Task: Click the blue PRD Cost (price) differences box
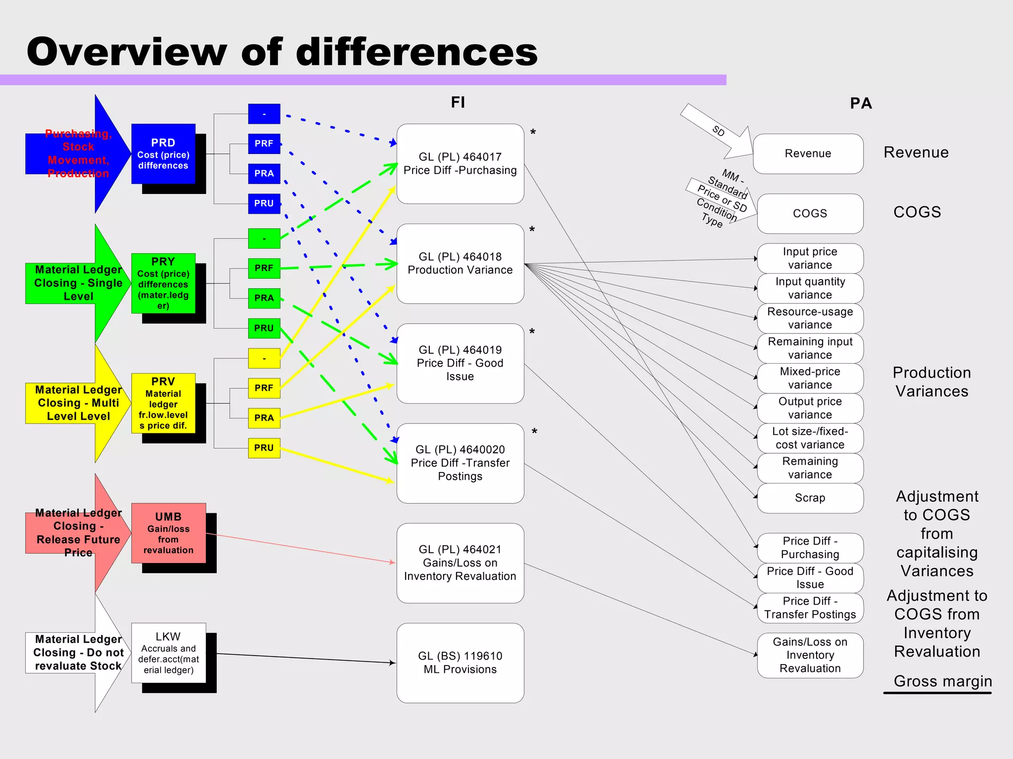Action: [163, 154]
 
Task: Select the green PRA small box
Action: [264, 298]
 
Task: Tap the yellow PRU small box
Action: [264, 448]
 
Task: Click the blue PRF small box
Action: [264, 143]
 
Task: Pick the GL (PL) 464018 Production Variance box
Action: [460, 264]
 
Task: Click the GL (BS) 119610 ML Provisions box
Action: [460, 663]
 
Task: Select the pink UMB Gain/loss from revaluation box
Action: [168, 533]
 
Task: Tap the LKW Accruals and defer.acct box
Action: [168, 653]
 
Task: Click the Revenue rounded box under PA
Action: [808, 153]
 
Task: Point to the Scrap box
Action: [810, 498]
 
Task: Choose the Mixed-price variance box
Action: [810, 378]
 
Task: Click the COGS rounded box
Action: [810, 213]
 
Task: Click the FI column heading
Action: [458, 102]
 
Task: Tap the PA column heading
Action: [861, 103]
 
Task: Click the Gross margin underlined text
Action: [942, 681]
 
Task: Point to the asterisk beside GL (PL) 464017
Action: [533, 133]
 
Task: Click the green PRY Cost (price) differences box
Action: [163, 283]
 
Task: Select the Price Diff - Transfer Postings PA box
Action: [810, 608]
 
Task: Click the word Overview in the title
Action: [126, 52]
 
